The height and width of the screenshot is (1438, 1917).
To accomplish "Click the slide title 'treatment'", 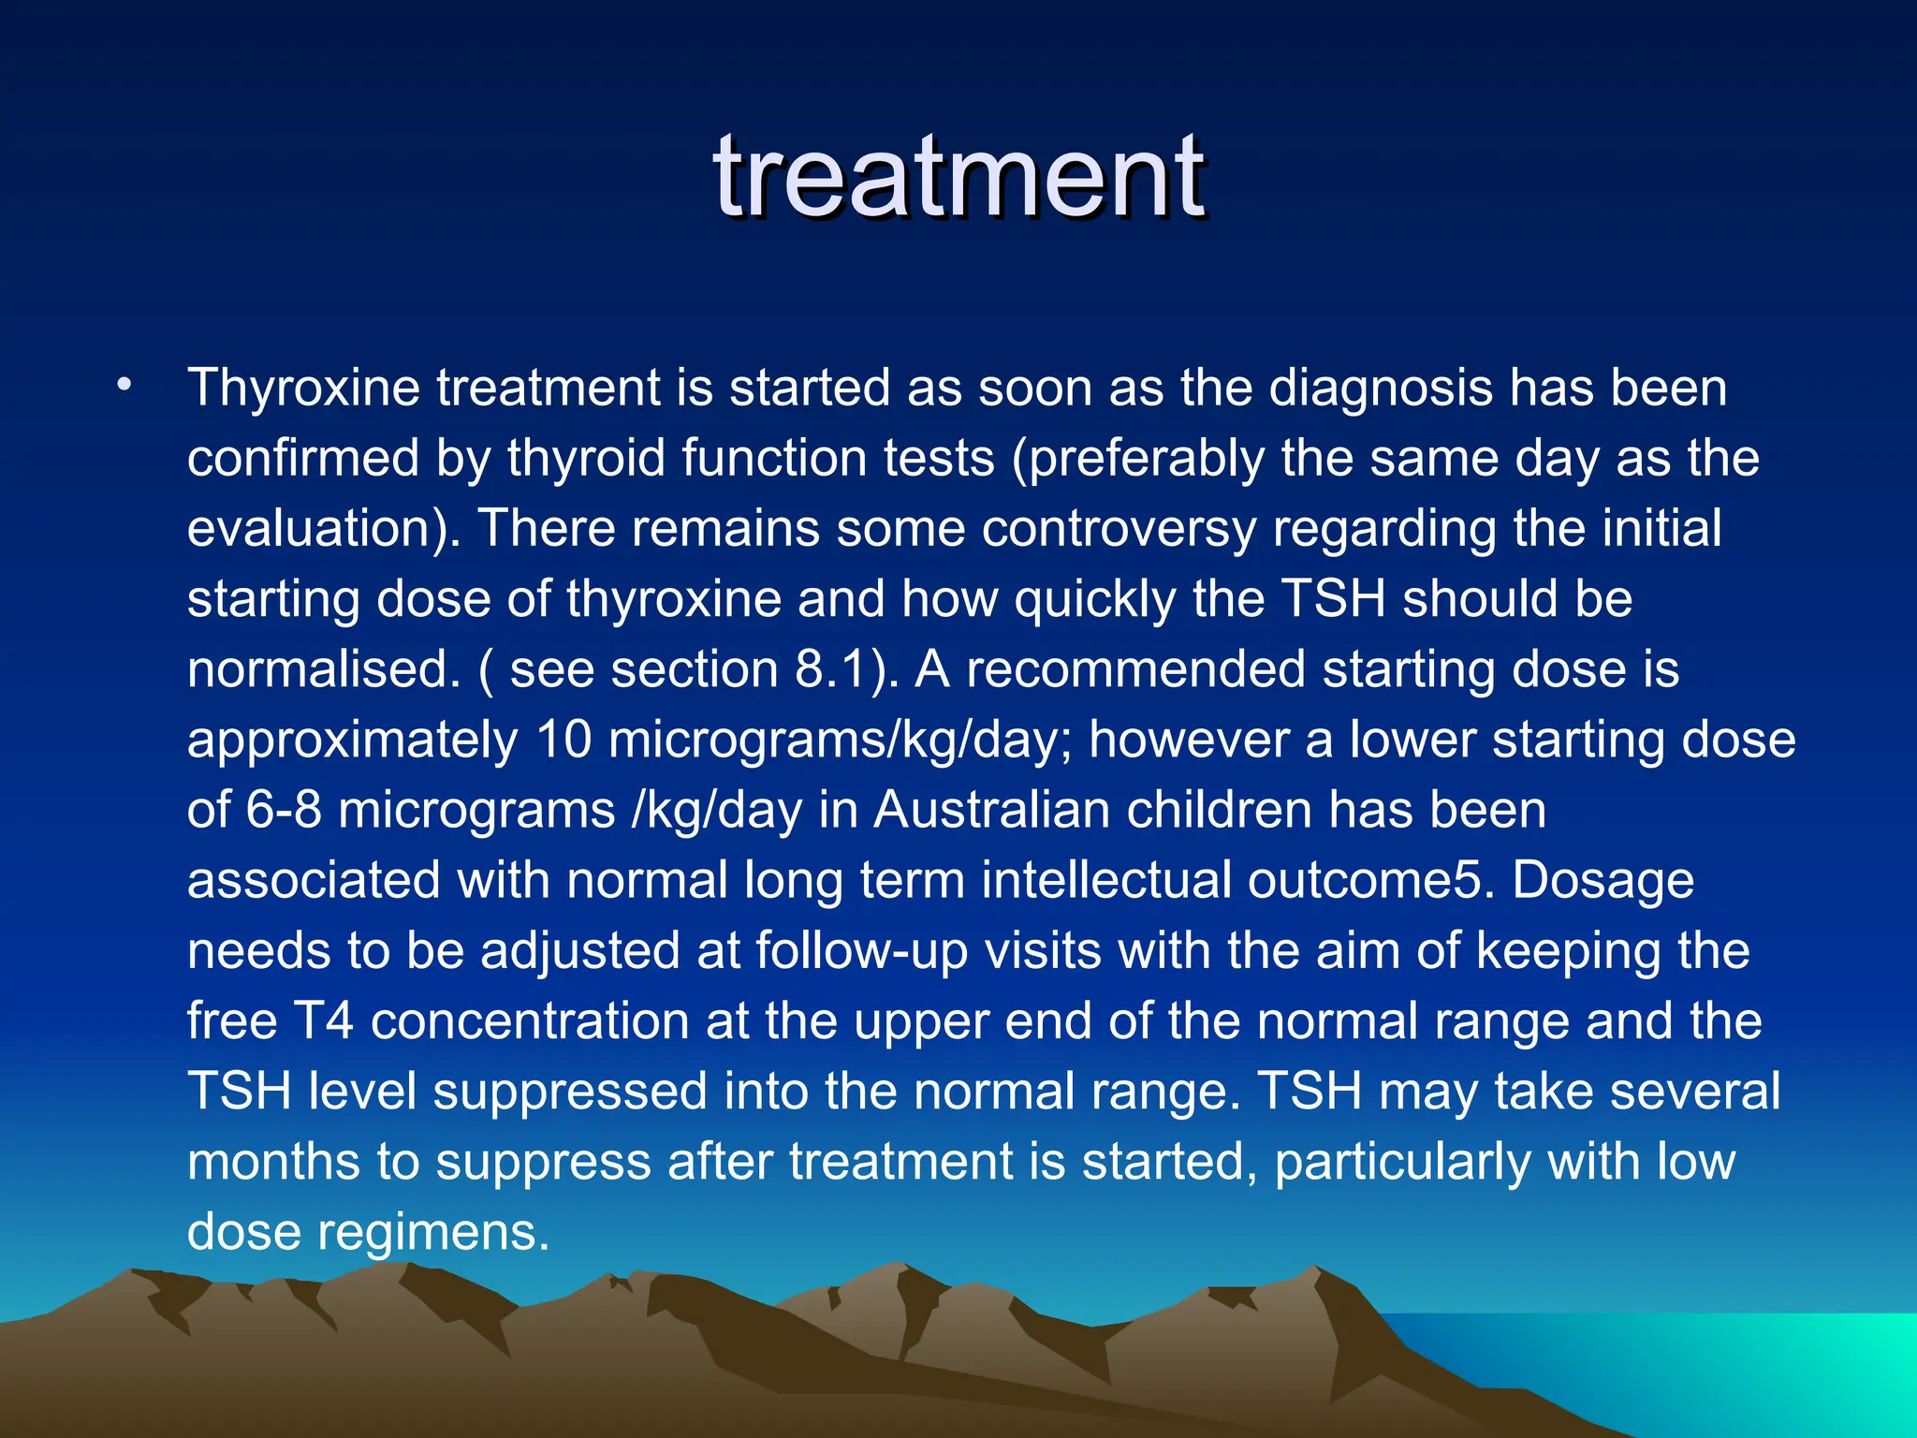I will tap(958, 178).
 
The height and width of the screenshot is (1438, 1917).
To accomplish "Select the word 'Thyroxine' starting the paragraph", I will tap(303, 389).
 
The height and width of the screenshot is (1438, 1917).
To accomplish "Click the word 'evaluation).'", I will tap(324, 530).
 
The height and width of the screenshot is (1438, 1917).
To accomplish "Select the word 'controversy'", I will tap(1119, 530).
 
